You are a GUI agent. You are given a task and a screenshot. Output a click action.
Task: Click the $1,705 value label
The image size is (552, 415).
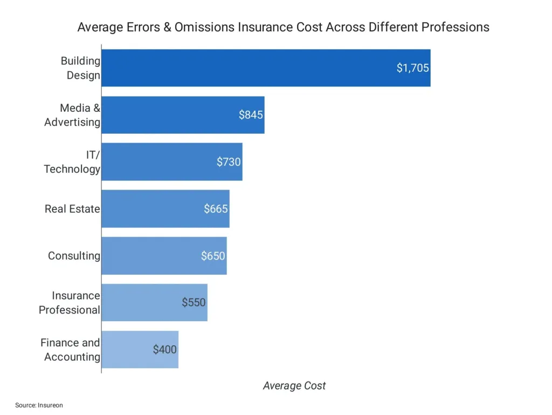point(412,68)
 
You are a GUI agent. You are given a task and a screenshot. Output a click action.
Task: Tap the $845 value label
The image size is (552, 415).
point(251,115)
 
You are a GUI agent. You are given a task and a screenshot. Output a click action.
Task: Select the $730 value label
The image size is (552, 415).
point(229,162)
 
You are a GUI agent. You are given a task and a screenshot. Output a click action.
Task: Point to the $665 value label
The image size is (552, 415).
point(216,209)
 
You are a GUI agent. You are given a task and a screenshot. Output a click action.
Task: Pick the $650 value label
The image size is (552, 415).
point(213,256)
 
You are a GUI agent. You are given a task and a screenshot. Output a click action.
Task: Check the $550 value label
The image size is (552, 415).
point(194,303)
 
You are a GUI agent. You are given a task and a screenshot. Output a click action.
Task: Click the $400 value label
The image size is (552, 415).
point(164,350)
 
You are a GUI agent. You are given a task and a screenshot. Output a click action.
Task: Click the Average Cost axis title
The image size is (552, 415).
point(294,386)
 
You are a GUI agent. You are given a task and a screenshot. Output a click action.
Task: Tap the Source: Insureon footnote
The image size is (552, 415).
point(39,405)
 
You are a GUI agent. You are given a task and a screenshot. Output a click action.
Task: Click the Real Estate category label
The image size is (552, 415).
point(72,209)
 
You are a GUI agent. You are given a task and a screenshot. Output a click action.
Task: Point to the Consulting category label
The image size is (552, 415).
point(74,256)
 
